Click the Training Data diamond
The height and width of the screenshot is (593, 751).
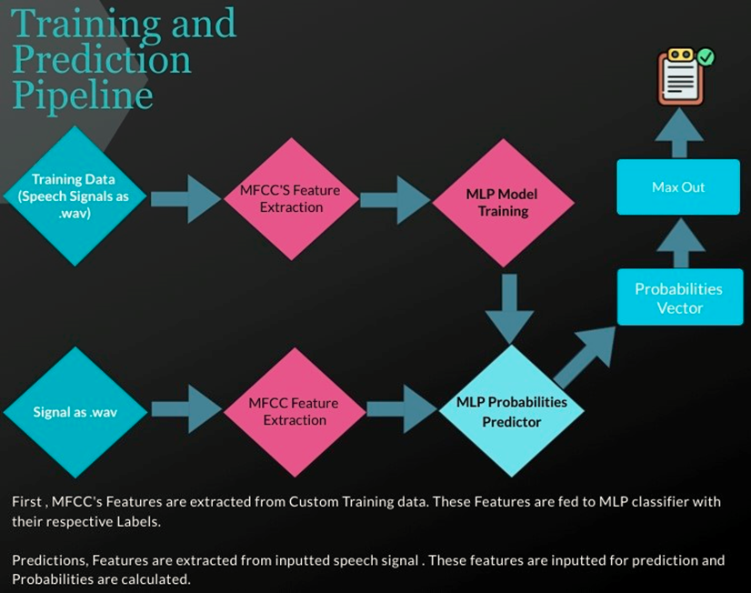point(75,196)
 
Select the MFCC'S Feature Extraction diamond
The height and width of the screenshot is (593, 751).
point(291,199)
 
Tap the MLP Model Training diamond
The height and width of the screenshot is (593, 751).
point(503,203)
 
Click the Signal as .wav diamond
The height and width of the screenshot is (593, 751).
point(75,412)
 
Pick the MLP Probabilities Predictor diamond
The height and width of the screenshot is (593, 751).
point(511,411)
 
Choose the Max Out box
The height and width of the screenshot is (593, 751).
point(678,186)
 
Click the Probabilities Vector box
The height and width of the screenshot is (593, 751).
point(680,297)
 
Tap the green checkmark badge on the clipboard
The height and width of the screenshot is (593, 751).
point(706,57)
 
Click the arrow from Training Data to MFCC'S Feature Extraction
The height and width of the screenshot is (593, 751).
point(185,199)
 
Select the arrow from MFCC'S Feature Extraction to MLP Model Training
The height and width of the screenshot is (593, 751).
point(396,200)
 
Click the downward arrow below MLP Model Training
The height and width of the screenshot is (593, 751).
point(509,309)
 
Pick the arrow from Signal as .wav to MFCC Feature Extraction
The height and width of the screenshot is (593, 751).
point(186,409)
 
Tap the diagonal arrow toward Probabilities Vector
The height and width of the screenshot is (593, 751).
point(585,357)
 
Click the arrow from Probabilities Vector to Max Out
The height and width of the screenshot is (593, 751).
point(681,243)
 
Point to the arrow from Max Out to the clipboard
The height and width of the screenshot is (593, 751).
point(679,133)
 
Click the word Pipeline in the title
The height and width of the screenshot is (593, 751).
point(83,95)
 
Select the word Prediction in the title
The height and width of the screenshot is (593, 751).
point(102,59)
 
